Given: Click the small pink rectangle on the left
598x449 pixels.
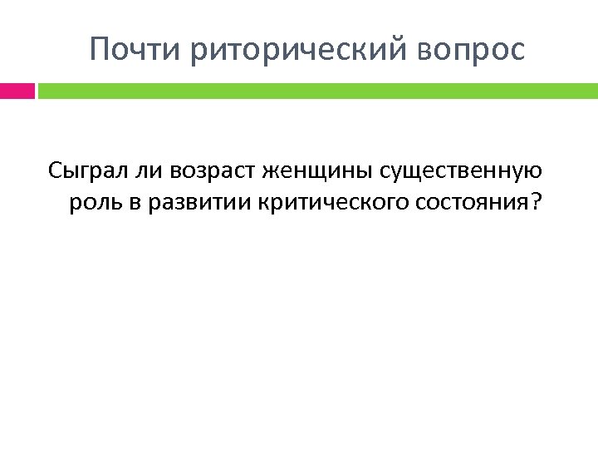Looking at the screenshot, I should (17, 90).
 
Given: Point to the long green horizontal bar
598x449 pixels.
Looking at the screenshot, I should (317, 90).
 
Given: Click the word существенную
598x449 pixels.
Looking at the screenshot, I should (461, 173).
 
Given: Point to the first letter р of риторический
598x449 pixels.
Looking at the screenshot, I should (197, 53).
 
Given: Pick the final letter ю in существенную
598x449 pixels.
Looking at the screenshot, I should (535, 173).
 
